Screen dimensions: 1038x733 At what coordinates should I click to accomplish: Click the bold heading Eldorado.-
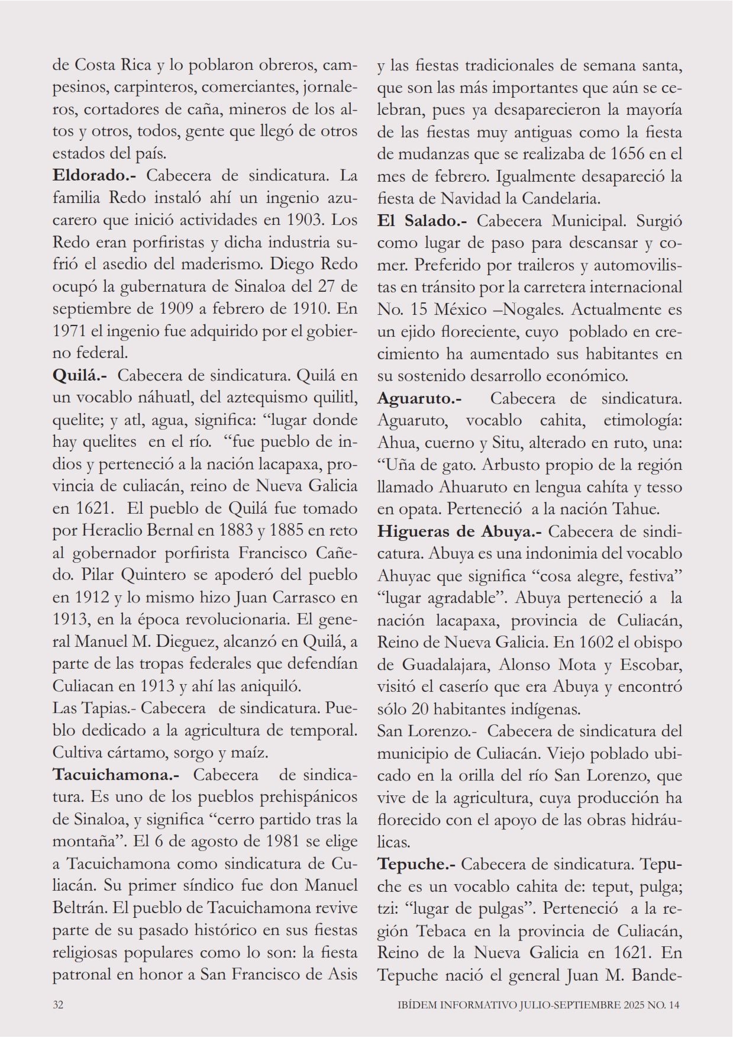[95, 176]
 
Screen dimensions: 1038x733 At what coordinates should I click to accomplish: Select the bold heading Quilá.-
[80, 375]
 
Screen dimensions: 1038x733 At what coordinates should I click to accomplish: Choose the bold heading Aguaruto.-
[419, 398]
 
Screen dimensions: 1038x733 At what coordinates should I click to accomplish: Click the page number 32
[58, 1005]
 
